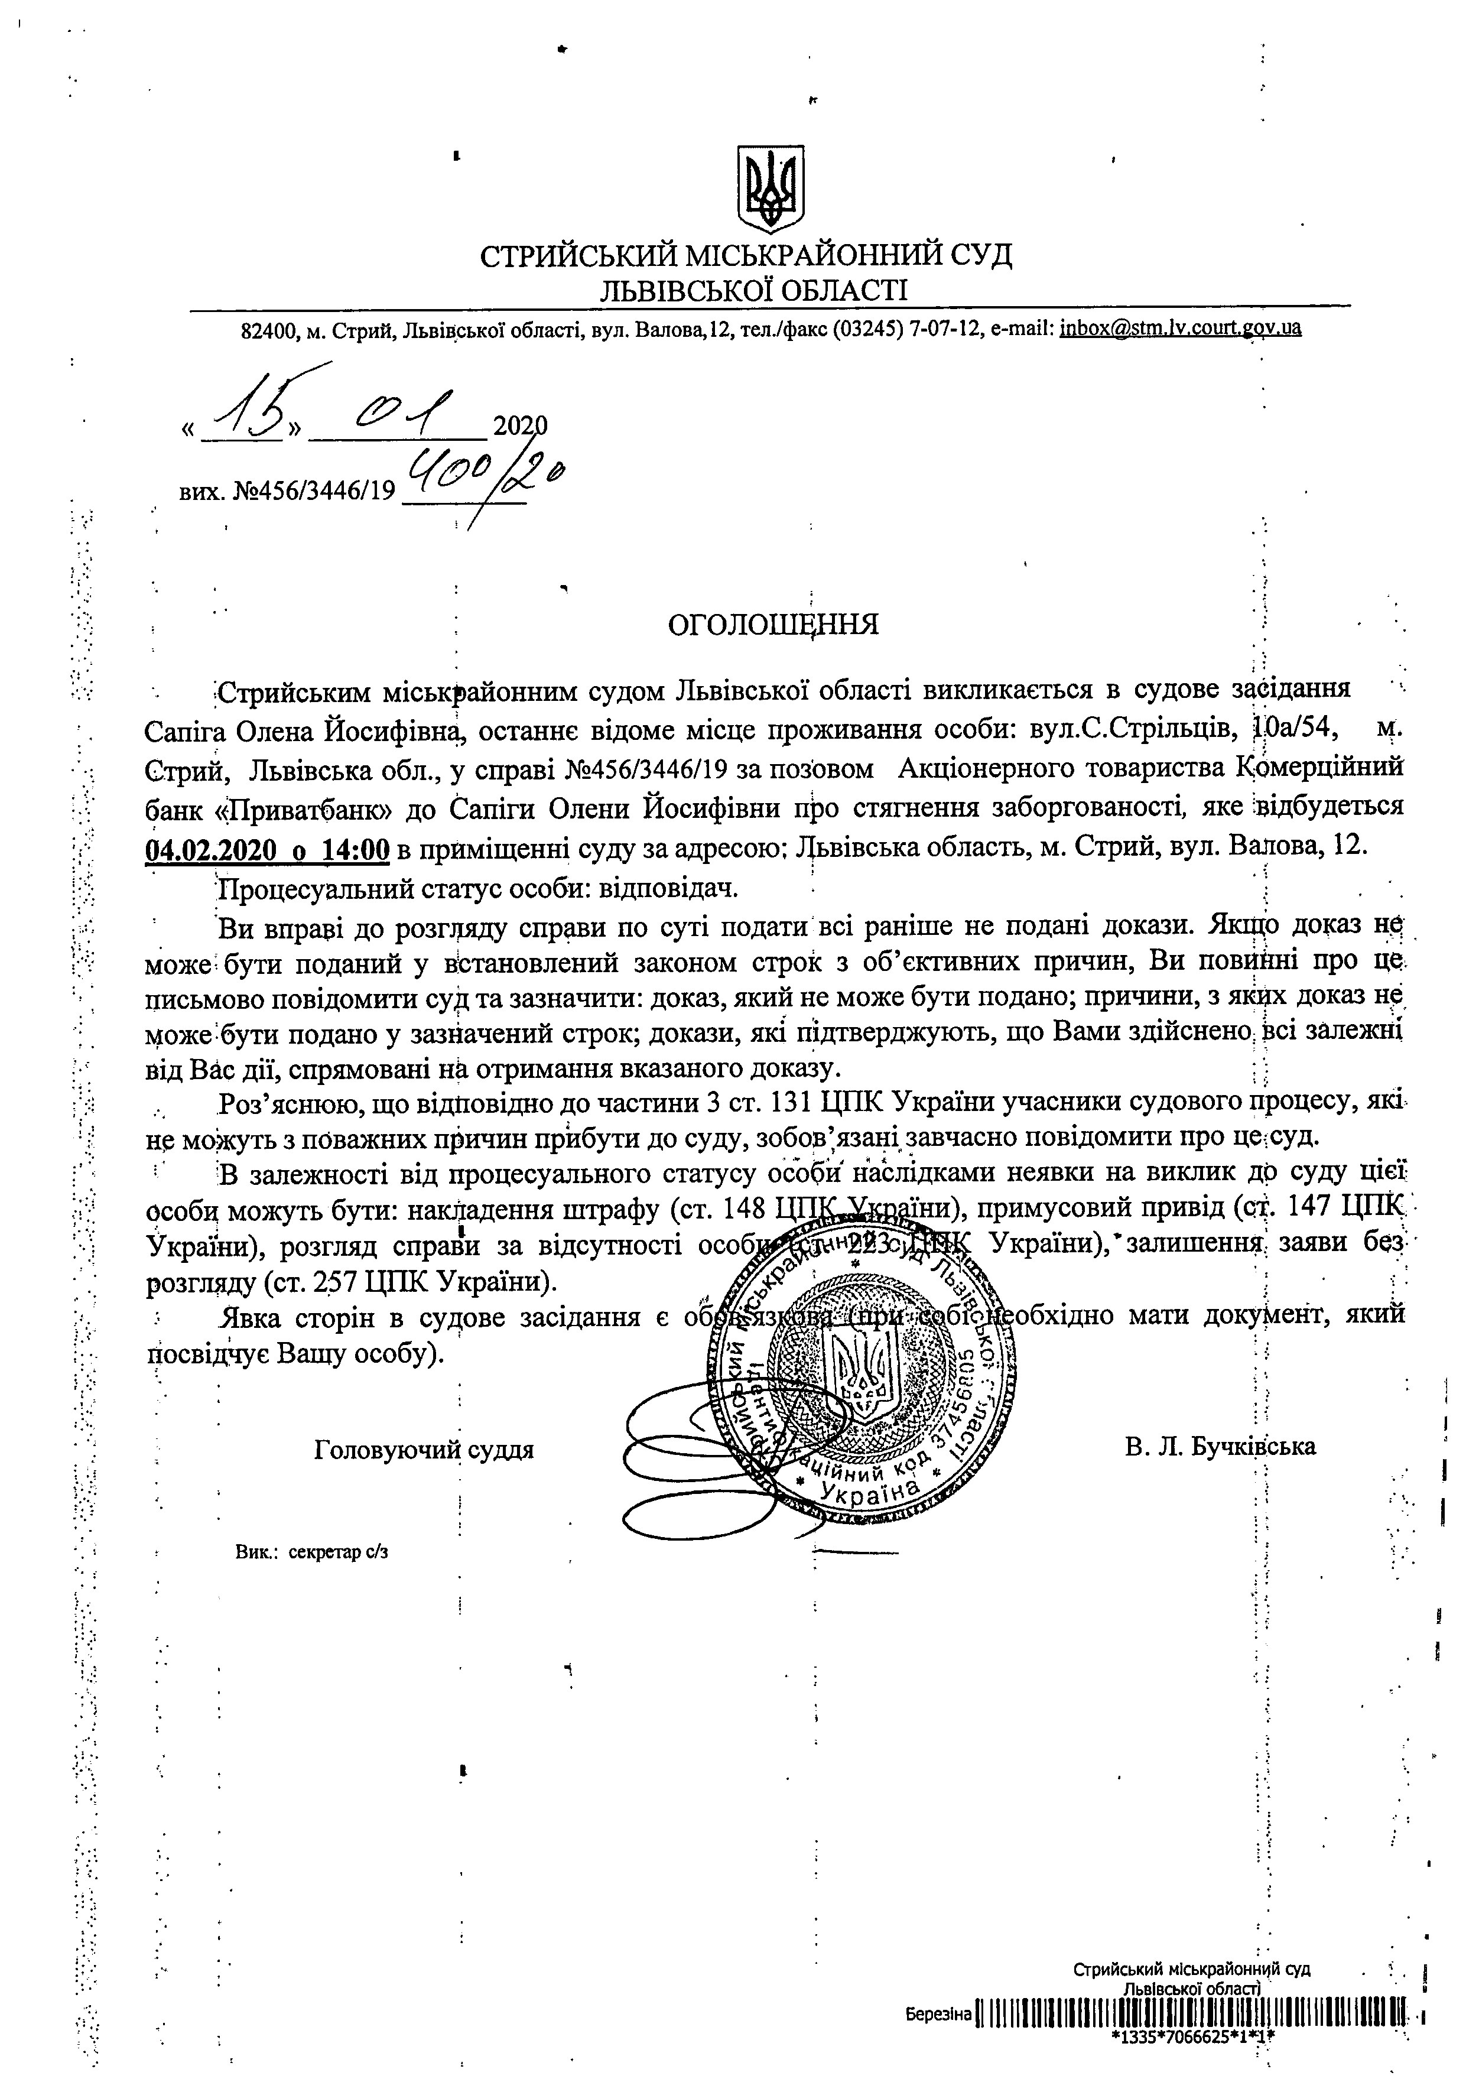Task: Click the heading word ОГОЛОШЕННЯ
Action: [x=773, y=625]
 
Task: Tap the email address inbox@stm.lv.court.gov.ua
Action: [x=1180, y=328]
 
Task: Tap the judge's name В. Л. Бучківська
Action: [x=1220, y=1446]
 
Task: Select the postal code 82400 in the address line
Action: [x=269, y=330]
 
